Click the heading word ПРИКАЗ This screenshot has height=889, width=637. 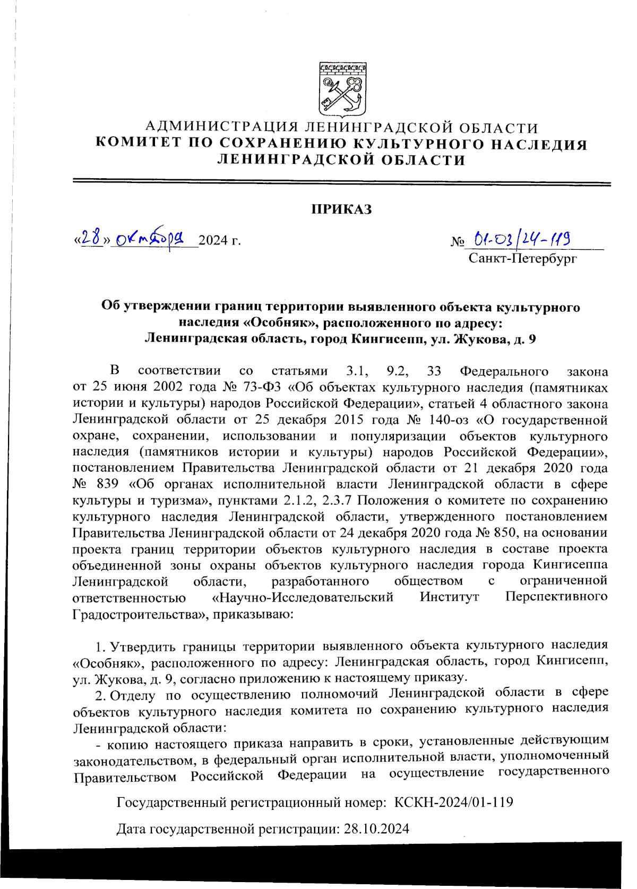click(341, 209)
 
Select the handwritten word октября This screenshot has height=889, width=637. click(150, 239)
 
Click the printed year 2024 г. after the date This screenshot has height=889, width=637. click(220, 240)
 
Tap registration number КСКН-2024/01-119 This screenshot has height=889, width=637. click(453, 801)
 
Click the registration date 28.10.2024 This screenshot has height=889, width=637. click(376, 829)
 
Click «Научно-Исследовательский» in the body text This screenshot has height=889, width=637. click(302, 597)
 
